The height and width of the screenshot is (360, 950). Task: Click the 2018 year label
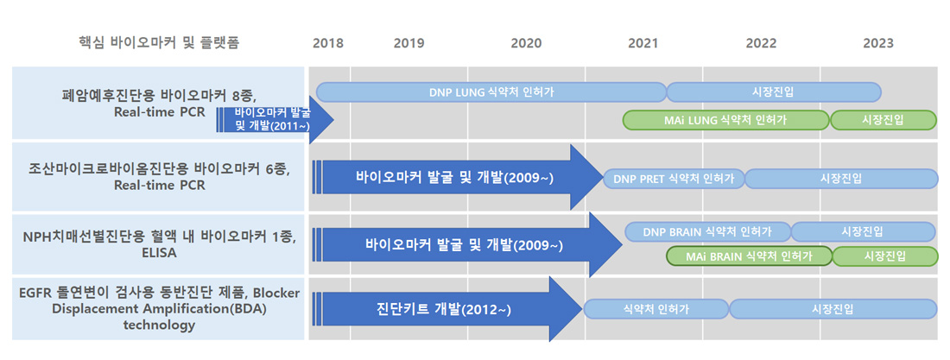coord(328,44)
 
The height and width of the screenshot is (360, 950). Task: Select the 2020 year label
coord(526,44)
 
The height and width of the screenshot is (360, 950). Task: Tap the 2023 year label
coord(878,44)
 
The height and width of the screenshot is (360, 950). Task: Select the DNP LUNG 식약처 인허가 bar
coord(491,92)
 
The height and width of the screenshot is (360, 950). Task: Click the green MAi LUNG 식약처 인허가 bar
coord(725,120)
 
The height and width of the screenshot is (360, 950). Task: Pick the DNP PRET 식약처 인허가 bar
coord(674,179)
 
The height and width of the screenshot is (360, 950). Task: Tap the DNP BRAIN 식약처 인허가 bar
coord(708,231)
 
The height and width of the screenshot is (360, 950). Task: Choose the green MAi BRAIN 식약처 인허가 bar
coord(750,256)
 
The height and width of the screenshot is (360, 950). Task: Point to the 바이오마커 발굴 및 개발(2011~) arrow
coord(275,119)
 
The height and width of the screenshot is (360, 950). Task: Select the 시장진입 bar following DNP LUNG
coord(774,92)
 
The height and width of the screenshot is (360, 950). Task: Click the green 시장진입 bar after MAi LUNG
coord(883,120)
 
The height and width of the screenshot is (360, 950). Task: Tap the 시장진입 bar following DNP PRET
coord(841,179)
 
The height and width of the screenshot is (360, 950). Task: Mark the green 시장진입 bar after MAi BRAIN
coord(885,256)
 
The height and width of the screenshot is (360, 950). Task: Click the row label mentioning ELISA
coord(158,245)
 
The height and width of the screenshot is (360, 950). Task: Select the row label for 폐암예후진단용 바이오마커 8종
coord(159,103)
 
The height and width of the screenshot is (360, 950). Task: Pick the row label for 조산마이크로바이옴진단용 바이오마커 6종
coord(159,176)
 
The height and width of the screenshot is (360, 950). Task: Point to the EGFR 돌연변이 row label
coord(159,309)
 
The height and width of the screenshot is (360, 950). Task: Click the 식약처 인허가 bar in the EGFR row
coord(656,309)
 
